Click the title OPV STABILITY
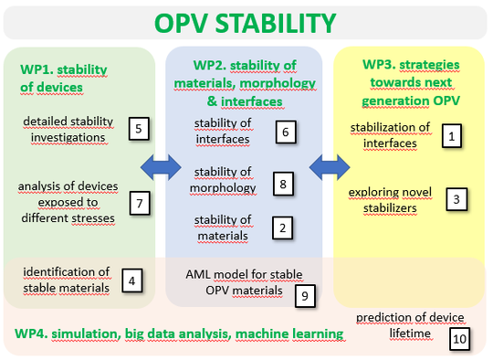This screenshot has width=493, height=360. (x=246, y=22)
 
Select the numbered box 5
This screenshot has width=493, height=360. (x=138, y=128)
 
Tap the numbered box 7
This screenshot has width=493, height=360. (x=138, y=203)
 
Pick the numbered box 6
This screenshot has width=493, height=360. (x=285, y=132)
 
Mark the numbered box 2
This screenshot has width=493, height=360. (x=284, y=228)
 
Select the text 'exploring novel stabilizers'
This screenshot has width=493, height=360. (x=389, y=200)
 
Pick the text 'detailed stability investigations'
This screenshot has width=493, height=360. (x=69, y=129)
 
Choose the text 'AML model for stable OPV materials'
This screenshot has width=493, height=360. (x=244, y=281)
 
